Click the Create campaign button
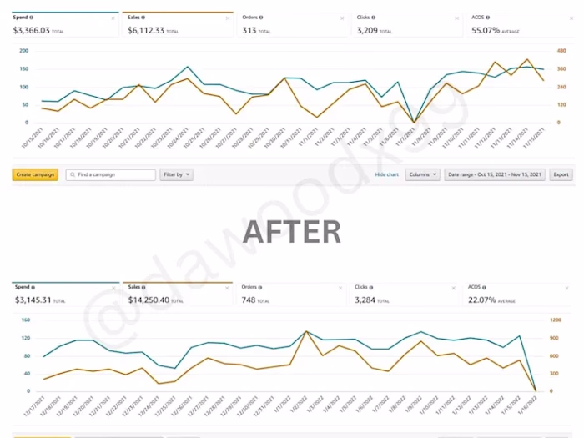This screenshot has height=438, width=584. click(35, 174)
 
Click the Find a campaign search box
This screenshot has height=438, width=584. click(111, 174)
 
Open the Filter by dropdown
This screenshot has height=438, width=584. click(176, 174)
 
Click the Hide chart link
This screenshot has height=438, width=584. click(386, 174)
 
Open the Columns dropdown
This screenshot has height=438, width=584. click(422, 174)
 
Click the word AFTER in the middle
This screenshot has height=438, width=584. click(291, 231)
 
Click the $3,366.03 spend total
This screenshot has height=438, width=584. click(33, 30)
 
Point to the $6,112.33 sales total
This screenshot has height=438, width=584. click(147, 30)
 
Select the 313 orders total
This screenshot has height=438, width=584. click(249, 30)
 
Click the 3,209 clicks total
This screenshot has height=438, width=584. click(368, 30)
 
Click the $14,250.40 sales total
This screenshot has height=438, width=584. click(149, 300)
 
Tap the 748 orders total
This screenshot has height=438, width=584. click(249, 300)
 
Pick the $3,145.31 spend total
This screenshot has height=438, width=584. click(33, 300)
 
